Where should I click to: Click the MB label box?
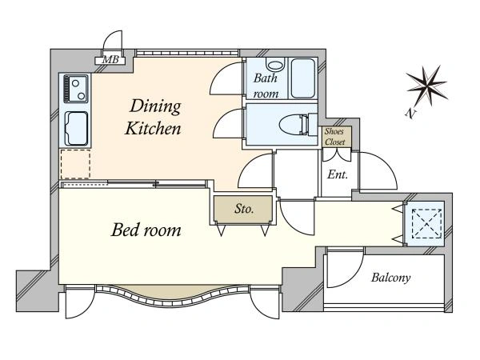110,60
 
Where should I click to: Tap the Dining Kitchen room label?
153,117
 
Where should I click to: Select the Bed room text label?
146,230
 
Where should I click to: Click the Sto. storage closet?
243,210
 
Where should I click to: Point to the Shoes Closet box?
335,137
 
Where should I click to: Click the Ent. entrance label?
338,174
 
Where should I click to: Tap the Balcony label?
391,278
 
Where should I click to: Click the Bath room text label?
266,86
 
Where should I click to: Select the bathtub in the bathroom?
302,78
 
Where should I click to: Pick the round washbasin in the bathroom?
275,65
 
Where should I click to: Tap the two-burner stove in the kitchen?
76,89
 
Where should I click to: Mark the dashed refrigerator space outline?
75,164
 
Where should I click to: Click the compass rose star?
426,86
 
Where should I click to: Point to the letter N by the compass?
411,114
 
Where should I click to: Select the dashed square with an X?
426,223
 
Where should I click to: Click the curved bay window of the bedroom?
173,296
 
